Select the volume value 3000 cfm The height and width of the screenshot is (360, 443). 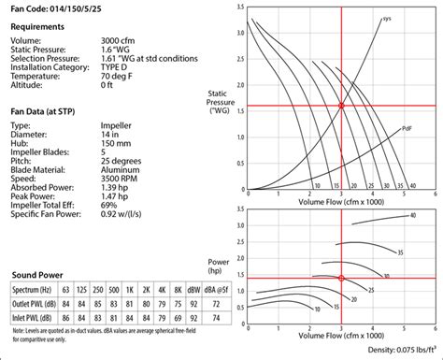pyautogui.click(x=123, y=41)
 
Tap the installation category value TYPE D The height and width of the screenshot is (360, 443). pyautogui.click(x=121, y=65)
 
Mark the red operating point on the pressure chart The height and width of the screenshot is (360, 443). pyautogui.click(x=341, y=107)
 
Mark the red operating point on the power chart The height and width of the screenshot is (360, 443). pyautogui.click(x=341, y=279)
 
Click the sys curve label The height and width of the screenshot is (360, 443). pyautogui.click(x=387, y=19)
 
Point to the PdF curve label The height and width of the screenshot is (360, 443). pyautogui.click(x=407, y=128)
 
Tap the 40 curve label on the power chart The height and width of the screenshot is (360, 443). pyautogui.click(x=411, y=216)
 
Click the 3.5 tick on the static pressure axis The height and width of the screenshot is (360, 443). pyautogui.click(x=241, y=7)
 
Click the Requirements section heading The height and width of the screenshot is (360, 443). pyautogui.click(x=40, y=27)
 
